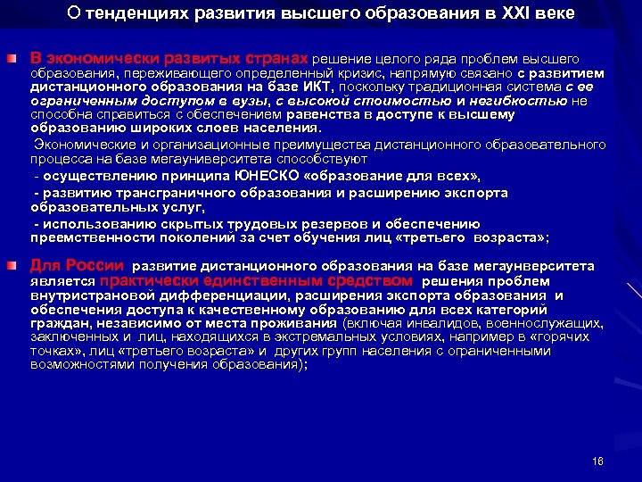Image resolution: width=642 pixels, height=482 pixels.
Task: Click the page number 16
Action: [597, 461]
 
